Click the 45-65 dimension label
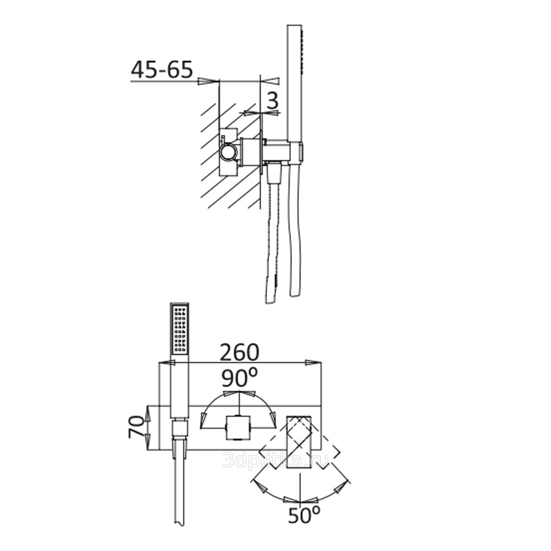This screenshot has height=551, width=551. [x=162, y=69]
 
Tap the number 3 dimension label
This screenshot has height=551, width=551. [x=273, y=100]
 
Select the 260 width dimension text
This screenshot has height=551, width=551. [x=239, y=352]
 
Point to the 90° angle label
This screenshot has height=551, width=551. [x=239, y=377]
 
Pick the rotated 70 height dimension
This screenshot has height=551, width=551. [x=137, y=426]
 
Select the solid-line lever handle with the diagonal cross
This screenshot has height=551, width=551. [x=299, y=442]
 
